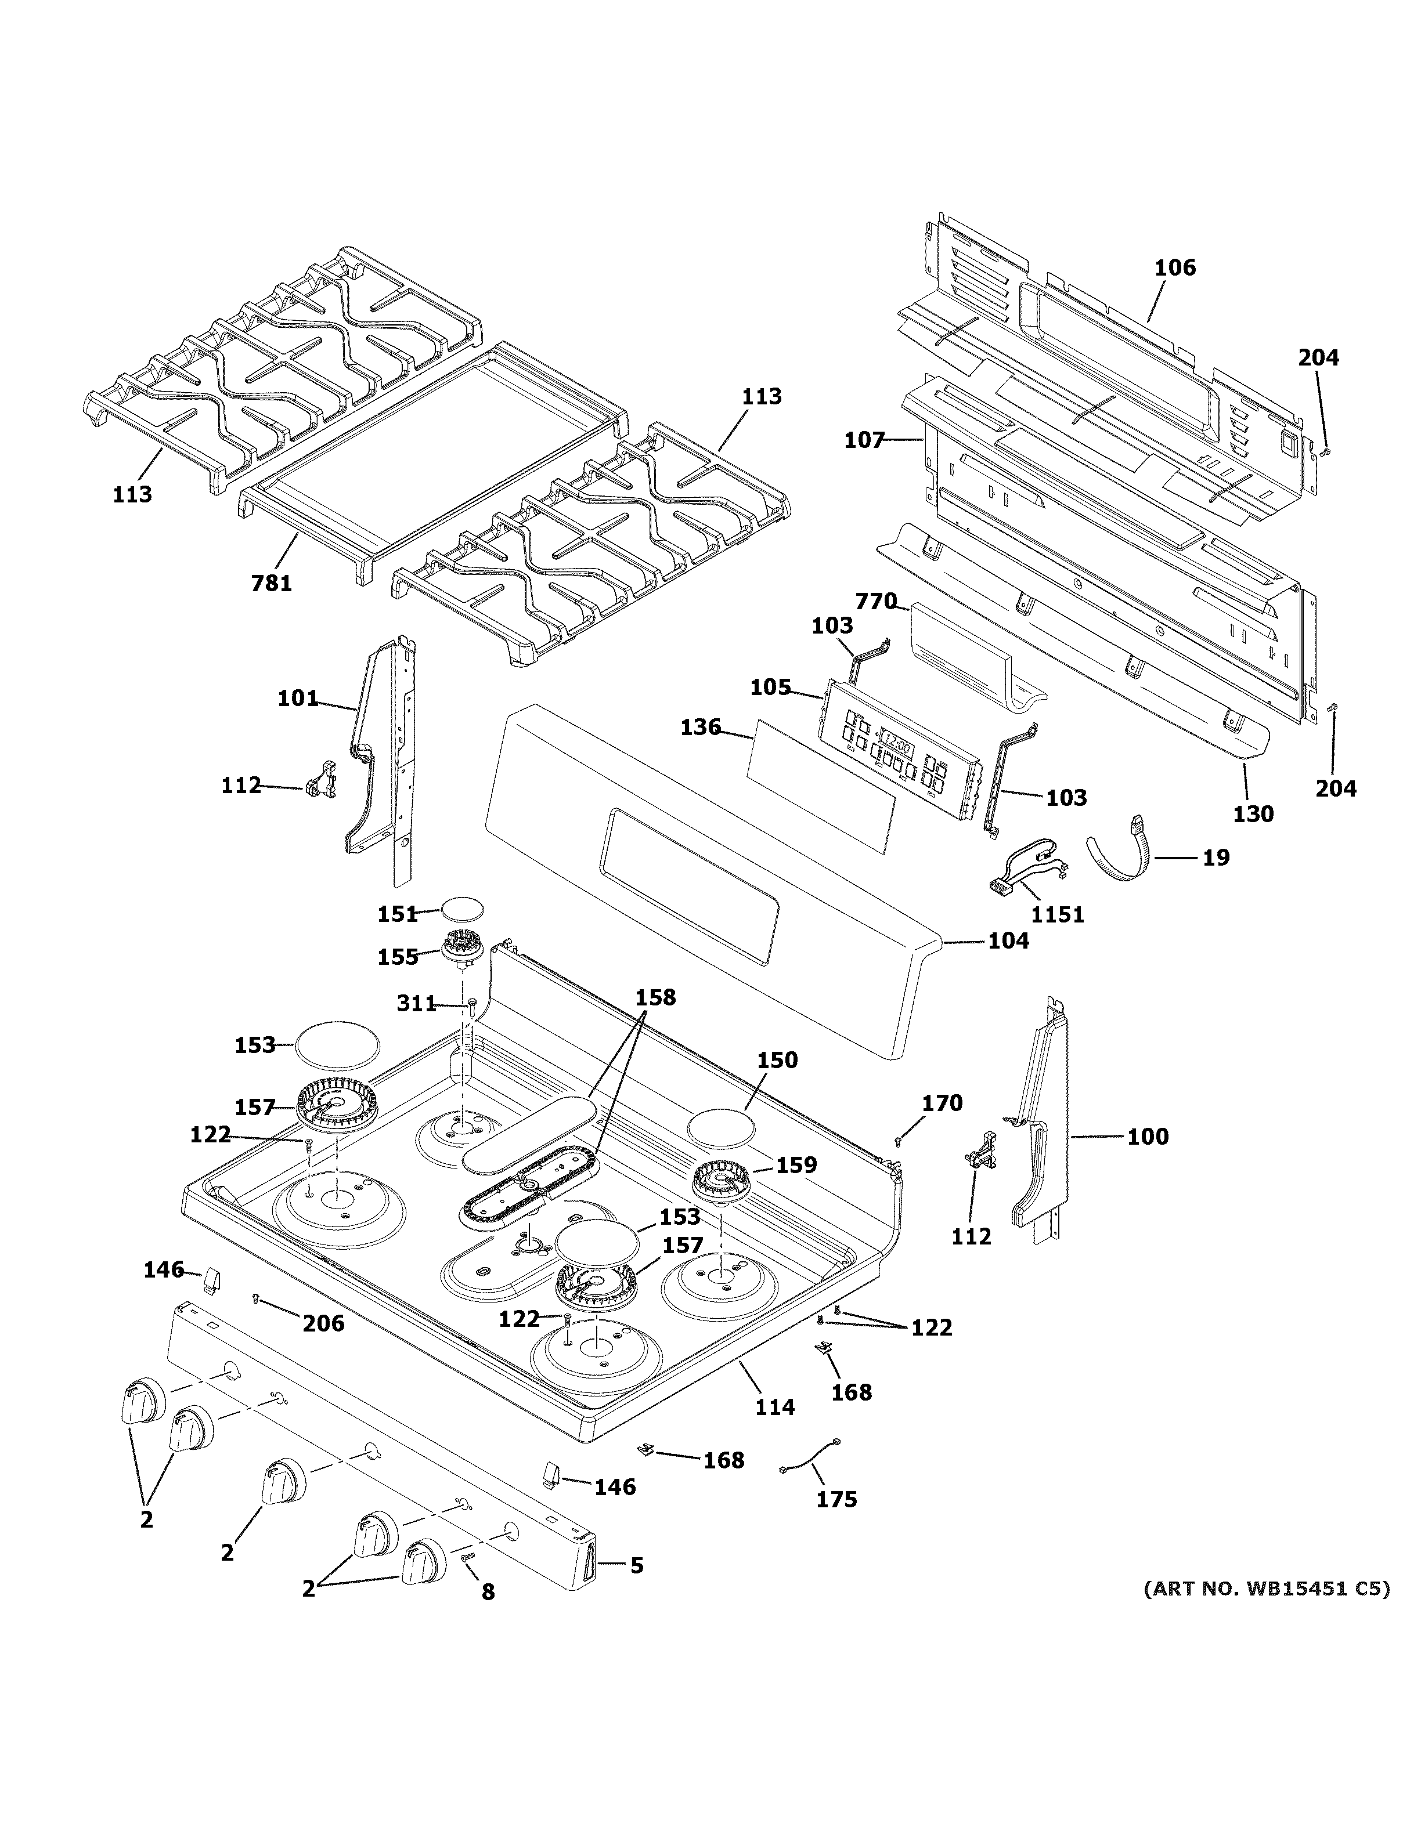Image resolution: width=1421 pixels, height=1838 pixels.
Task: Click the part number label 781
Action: click(x=271, y=582)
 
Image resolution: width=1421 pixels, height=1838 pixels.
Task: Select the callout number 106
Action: click(x=1174, y=267)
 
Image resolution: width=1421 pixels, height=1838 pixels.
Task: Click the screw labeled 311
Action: click(x=473, y=1003)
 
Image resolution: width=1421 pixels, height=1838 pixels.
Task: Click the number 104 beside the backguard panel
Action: click(x=1008, y=941)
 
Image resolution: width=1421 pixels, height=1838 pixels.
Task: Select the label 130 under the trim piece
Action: click(x=1253, y=814)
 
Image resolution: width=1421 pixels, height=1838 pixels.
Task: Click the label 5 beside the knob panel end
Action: click(x=636, y=1565)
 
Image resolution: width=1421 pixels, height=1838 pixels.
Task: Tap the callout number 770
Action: click(x=875, y=602)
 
